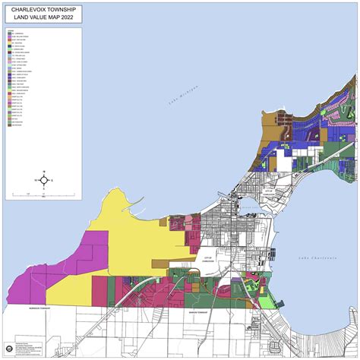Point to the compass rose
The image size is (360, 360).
coord(45,180)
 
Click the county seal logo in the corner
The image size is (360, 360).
coord(8,349)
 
